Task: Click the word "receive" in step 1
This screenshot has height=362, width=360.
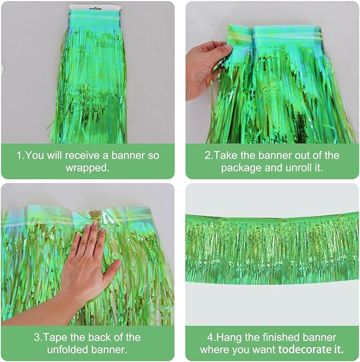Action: [82, 156]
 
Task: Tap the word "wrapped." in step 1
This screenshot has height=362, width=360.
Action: [87, 168]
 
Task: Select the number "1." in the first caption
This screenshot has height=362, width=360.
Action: [21, 156]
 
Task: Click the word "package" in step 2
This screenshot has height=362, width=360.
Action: [241, 168]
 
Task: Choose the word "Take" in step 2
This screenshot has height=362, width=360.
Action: [226, 156]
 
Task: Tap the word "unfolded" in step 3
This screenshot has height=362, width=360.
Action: [67, 350]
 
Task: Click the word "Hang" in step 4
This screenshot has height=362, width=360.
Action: [229, 338]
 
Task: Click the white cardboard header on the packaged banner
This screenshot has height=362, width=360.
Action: [96, 8]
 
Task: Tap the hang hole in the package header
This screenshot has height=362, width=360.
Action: [95, 8]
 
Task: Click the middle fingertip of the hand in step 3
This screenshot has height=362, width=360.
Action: [94, 223]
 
